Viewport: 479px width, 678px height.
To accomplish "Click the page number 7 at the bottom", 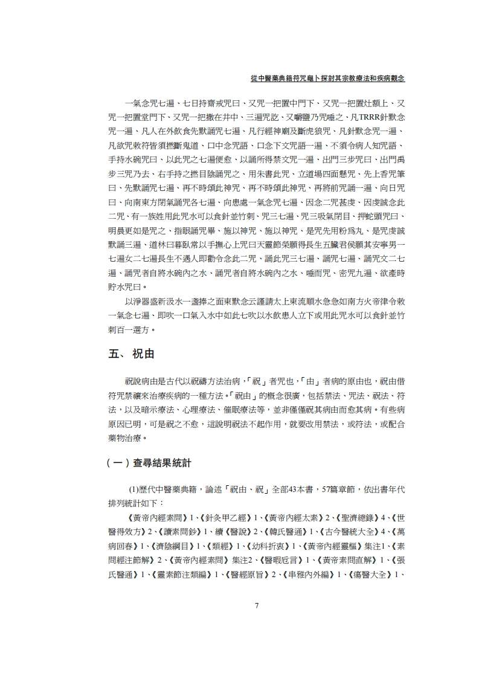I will pos(257,606).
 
